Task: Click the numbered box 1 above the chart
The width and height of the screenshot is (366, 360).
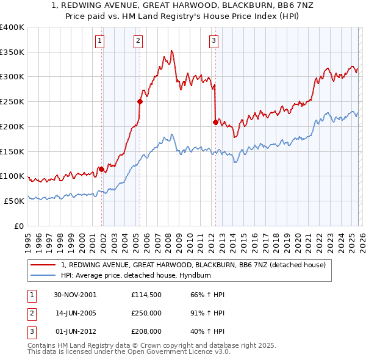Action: [x=100, y=41]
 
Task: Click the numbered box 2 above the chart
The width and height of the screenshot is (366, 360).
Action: [x=138, y=41]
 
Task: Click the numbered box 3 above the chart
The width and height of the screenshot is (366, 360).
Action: [x=214, y=41]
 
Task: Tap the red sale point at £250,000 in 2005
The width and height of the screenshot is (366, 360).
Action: [x=140, y=101]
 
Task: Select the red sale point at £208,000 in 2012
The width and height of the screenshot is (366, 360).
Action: [x=215, y=122]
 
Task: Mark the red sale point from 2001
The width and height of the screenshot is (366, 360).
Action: [x=101, y=169]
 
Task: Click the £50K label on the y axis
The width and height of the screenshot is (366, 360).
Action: [x=13, y=201]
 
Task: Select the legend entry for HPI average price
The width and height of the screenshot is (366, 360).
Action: [x=142, y=275]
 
